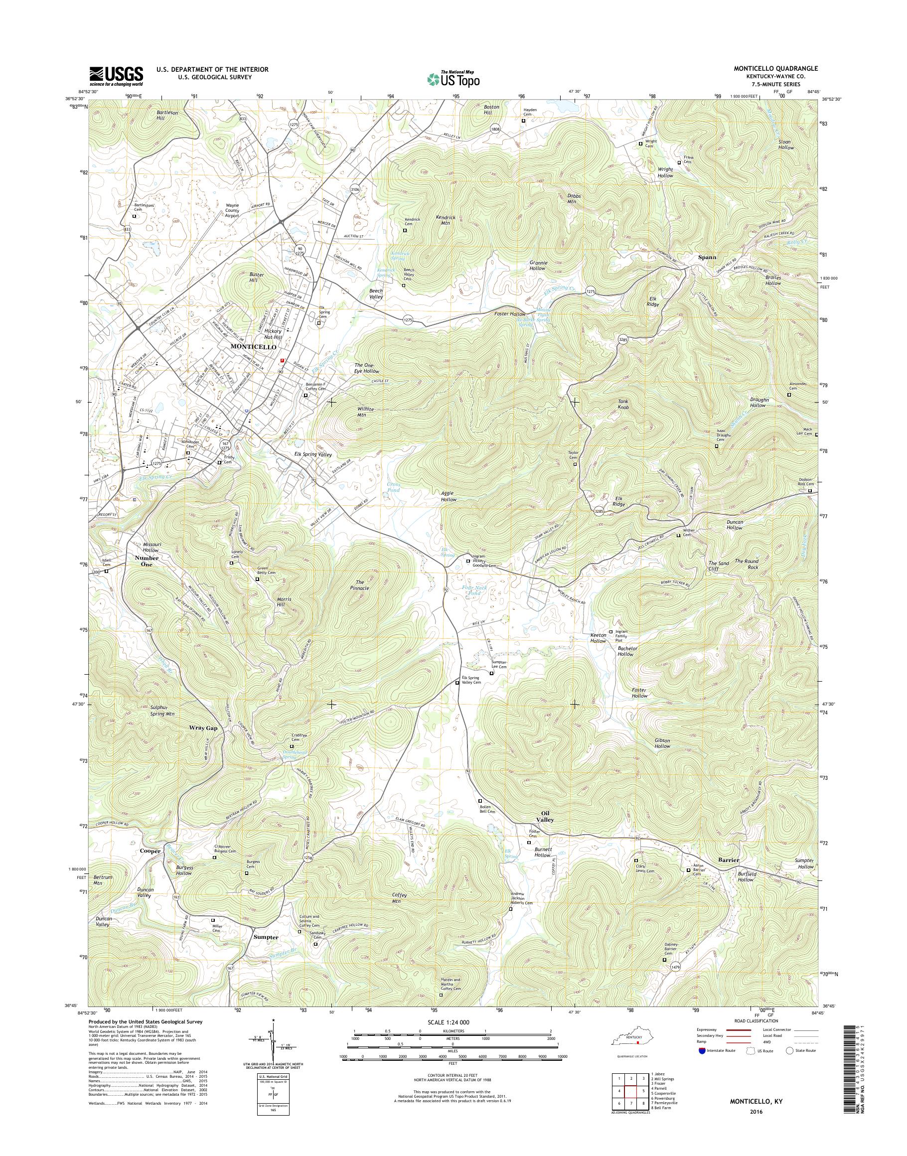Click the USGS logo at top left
pos(116,76)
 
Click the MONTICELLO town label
pos(253,346)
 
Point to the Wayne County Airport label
pos(232,211)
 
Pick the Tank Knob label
pos(623,404)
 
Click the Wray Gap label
pos(203,728)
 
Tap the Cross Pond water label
pos(394,487)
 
